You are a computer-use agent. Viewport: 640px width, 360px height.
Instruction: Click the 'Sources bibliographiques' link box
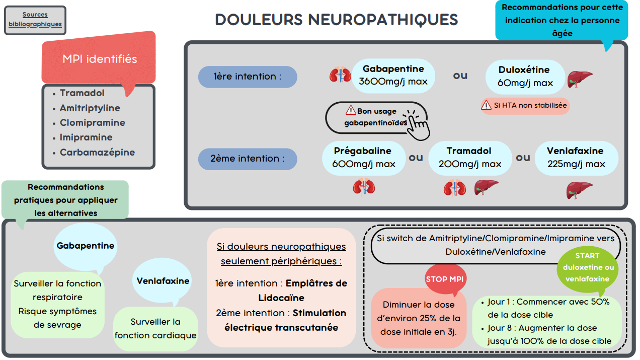(35, 20)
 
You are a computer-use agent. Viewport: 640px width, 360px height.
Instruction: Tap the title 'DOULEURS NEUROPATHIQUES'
(336, 20)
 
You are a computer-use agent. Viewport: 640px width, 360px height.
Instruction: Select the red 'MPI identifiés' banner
(99, 59)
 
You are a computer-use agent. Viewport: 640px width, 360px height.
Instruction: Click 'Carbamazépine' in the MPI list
(97, 152)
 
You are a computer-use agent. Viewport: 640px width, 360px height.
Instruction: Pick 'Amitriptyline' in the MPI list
(90, 108)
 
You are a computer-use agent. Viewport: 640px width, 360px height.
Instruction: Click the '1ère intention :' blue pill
(248, 77)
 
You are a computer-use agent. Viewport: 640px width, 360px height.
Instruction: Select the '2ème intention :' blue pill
(248, 159)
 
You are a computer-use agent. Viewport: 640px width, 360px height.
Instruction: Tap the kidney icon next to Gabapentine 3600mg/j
(340, 75)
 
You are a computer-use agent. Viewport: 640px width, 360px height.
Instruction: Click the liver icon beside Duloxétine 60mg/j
(579, 79)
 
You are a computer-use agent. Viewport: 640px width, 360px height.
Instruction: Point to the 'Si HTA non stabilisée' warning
(525, 105)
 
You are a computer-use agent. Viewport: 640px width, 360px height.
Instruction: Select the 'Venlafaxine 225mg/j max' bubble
(575, 158)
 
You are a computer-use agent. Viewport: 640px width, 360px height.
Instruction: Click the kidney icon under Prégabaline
(364, 187)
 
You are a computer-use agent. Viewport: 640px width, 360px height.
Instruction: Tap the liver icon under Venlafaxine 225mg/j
(579, 190)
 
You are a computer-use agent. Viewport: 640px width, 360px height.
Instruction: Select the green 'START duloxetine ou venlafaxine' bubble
(588, 268)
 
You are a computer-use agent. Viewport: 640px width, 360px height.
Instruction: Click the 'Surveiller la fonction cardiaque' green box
(155, 328)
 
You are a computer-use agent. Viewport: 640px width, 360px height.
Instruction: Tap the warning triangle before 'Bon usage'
(350, 110)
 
